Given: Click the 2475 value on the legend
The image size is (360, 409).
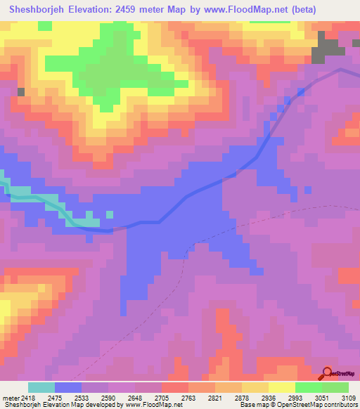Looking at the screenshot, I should (54, 398).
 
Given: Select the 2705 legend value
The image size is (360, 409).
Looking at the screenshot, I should (162, 398).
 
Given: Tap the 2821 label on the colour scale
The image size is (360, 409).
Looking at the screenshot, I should (215, 398).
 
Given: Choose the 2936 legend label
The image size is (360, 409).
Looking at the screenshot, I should (269, 398).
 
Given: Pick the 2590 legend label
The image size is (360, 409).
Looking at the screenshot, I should (108, 398).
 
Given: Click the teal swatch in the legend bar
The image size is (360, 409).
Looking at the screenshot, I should (41, 387).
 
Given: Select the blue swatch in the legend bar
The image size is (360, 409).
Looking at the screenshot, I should (68, 387).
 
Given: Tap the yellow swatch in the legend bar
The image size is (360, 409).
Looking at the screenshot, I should (282, 387).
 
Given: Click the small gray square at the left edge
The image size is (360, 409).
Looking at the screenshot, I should (21, 92).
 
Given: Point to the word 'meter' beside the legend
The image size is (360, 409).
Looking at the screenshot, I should (8, 398).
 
